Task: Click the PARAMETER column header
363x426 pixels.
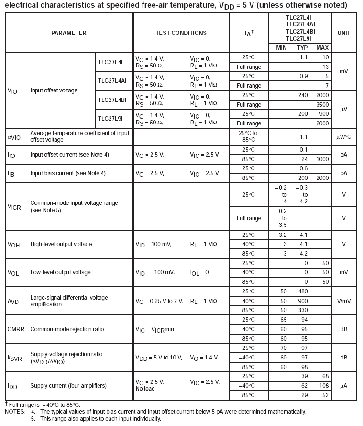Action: click(69, 33)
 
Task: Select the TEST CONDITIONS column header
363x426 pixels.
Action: click(181, 33)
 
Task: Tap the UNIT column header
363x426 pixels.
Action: click(343, 33)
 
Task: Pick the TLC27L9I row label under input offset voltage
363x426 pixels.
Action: click(111, 118)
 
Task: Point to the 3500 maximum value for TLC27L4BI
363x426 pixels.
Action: click(322, 104)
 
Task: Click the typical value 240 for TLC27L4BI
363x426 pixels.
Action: click(303, 95)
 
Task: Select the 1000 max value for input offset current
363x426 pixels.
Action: click(322, 159)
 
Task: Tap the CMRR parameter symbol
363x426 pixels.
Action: click(16, 329)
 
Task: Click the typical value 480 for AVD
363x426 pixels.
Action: click(302, 291)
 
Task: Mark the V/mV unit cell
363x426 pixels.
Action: click(343, 301)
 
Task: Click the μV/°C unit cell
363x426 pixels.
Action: click(343, 137)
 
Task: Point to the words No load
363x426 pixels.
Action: click(146, 389)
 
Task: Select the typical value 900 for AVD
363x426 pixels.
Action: click(302, 301)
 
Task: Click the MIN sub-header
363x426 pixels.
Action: click(281, 48)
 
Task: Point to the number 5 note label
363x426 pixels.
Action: click(33, 419)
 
